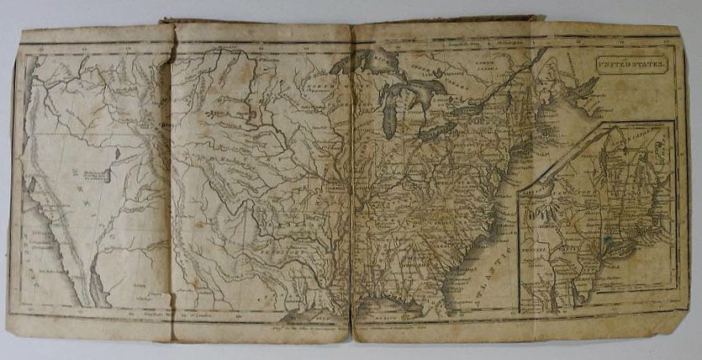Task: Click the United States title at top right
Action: point(631,62)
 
